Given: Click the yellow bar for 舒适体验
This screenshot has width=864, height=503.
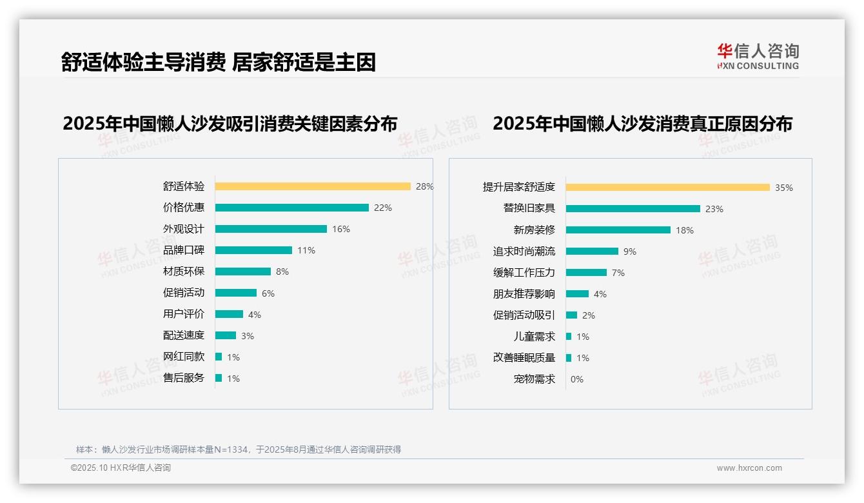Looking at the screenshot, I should pos(313,186).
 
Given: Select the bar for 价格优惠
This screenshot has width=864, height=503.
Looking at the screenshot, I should pos(291,208).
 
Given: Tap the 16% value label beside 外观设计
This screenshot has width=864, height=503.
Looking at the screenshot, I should pos(341,229).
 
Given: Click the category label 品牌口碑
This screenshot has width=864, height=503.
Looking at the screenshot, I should pos(184,250).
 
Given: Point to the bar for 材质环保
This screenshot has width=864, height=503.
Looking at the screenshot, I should pos(243,271).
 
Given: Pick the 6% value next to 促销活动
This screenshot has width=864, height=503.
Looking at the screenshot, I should pos(268,293).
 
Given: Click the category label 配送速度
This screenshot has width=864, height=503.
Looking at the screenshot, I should pos(184,335).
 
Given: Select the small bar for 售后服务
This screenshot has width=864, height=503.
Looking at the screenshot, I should pos(219,378).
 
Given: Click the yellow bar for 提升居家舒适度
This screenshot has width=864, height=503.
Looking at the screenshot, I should pos(667,188).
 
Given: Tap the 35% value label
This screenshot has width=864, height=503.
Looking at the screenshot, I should pos(784,188).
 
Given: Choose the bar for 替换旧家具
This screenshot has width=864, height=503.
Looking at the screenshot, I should pos(633,209).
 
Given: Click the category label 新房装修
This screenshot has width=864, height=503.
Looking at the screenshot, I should pos(534,230).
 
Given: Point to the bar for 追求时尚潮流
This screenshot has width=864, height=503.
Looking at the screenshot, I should pos(592,252).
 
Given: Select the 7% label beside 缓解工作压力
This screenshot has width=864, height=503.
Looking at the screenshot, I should pos(618,273).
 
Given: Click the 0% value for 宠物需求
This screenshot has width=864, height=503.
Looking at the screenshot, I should pos(577,379).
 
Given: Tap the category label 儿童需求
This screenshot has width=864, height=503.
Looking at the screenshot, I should pos(534,337).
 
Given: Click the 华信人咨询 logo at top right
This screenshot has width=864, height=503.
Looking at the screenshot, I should pos(758,56).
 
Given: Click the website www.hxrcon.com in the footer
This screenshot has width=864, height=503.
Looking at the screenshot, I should pos(749,468).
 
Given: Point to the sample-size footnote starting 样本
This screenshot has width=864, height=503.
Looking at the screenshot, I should pos(239,449).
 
